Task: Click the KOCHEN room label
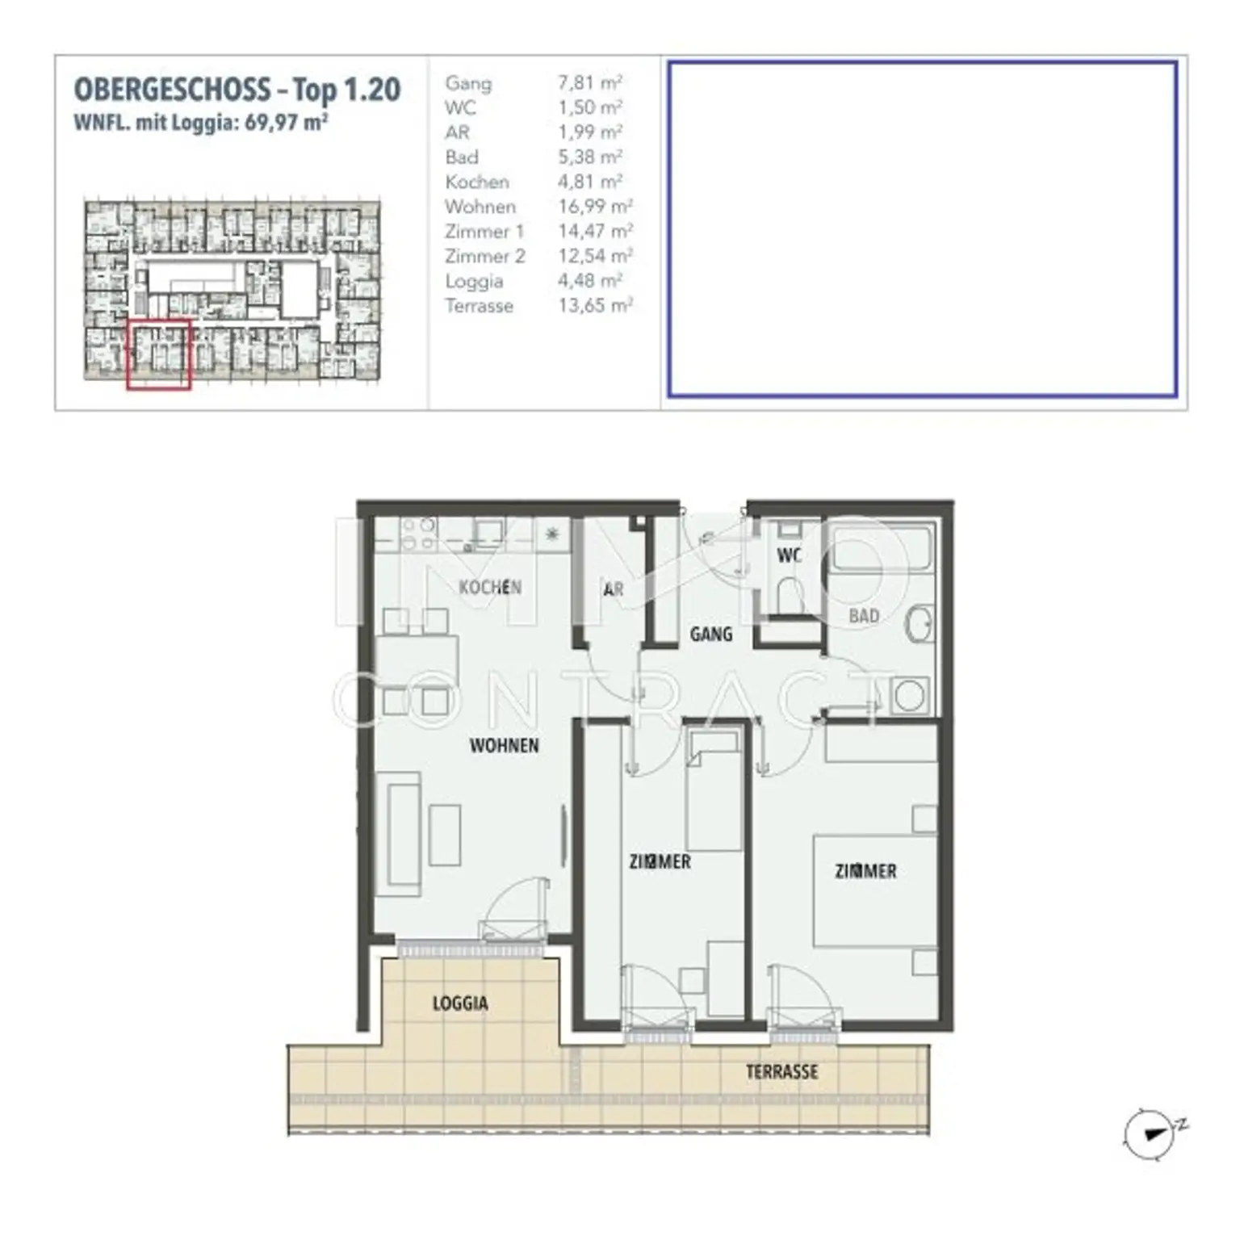pos(490,587)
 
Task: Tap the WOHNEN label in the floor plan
pos(505,745)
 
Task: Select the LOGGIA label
pos(460,1003)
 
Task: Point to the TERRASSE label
pos(781,1072)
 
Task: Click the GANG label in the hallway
pos(711,635)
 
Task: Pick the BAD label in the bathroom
pos(864,616)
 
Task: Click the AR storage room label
pos(614,590)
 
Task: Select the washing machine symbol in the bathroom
pos(910,697)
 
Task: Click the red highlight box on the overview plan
pos(158,354)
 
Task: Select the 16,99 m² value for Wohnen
pos(595,207)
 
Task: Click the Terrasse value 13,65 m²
pos(595,306)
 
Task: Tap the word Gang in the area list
pos(468,83)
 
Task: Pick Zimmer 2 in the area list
pos(484,257)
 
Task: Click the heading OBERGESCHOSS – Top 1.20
pos(237,89)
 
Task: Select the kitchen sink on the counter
pos(488,533)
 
